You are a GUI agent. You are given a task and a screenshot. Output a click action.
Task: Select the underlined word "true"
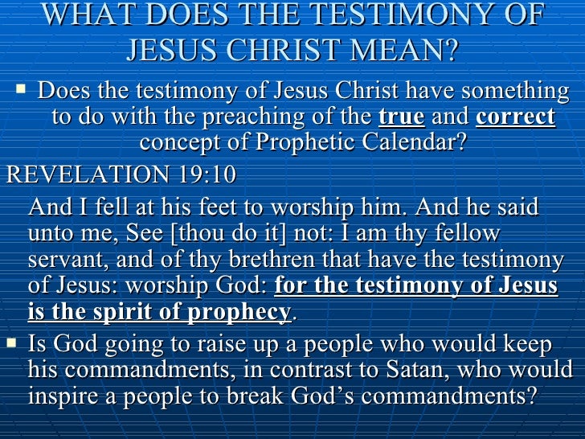click(401, 117)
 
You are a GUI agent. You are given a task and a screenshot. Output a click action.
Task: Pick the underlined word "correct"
click(515, 117)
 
